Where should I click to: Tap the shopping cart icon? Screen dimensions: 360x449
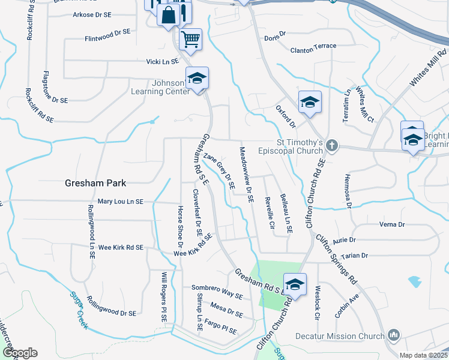[191, 40]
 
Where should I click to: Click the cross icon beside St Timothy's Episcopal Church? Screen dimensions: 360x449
[331, 146]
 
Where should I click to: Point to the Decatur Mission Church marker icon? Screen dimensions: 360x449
[394, 335]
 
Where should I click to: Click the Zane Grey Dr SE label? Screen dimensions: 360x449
[218, 170]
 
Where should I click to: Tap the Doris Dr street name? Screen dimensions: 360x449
[276, 37]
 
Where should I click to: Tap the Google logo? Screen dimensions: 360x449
[20, 352]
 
